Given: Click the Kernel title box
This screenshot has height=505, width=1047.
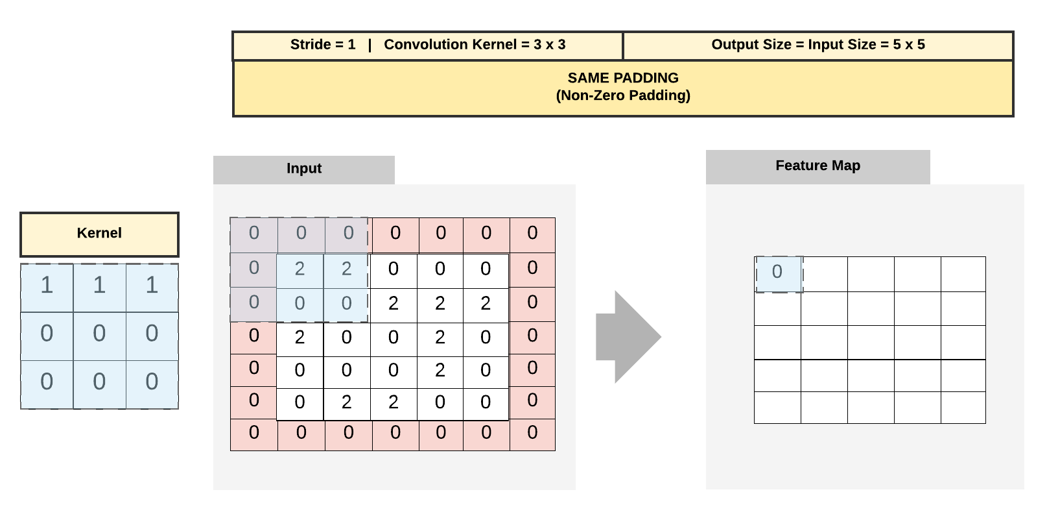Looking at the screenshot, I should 99,234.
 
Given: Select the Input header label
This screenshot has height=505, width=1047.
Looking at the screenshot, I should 304,169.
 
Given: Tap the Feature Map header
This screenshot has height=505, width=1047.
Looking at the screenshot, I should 818,166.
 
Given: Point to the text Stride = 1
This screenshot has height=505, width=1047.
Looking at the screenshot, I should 323,45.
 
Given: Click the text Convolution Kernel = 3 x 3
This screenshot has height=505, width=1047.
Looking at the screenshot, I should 475,45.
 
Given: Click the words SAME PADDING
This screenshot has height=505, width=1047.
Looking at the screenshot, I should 623,78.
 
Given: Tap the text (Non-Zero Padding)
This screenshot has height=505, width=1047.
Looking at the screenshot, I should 623,95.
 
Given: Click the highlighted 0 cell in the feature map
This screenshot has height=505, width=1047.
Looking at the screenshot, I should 778,273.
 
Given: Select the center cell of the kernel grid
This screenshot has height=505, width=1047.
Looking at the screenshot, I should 99,334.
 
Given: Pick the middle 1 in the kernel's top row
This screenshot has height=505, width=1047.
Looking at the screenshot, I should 99,286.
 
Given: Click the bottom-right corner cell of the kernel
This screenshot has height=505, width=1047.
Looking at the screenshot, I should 152,382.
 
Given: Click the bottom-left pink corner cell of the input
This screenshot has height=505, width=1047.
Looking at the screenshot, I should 254,433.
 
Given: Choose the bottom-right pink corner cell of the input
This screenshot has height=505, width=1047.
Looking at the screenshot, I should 532,433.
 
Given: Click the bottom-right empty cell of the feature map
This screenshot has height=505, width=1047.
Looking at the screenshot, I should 963,408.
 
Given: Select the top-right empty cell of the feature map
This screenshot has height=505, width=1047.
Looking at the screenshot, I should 963,274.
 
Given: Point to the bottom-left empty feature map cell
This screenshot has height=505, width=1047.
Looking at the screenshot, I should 778,408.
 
